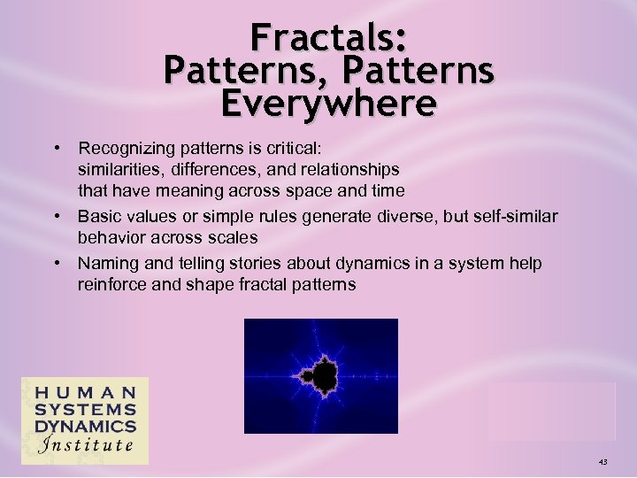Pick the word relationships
[x=349, y=168]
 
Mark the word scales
[x=234, y=237]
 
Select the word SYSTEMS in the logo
[x=86, y=410]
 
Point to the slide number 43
[x=602, y=462]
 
